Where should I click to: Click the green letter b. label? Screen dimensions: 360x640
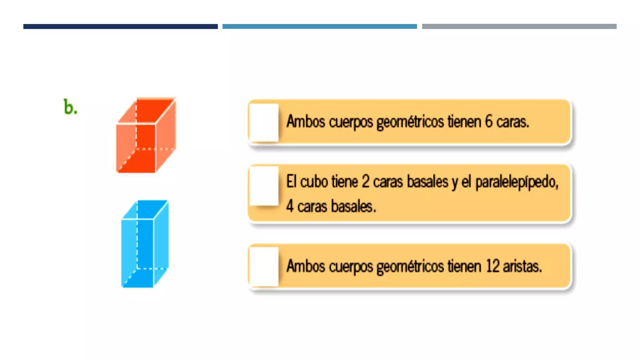coord(70,107)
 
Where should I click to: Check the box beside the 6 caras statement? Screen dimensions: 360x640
coord(264,122)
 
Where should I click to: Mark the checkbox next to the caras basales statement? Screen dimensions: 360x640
coord(264,186)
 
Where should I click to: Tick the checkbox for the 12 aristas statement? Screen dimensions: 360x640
coord(264,267)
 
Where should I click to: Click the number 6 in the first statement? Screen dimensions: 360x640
coord(488,121)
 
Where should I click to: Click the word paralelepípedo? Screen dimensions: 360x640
coord(517,182)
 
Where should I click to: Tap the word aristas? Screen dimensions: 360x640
coord(522,266)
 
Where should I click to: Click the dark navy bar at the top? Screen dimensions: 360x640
coord(120,27)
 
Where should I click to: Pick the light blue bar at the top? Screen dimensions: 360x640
coord(319,27)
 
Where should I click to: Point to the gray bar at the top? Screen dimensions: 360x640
coord(519,27)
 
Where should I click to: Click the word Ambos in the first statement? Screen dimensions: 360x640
coord(306,121)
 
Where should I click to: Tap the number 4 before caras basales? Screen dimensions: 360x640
coord(290,207)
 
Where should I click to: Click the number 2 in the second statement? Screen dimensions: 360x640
coord(365,182)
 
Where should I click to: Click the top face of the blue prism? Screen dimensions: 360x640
coord(145,209)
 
